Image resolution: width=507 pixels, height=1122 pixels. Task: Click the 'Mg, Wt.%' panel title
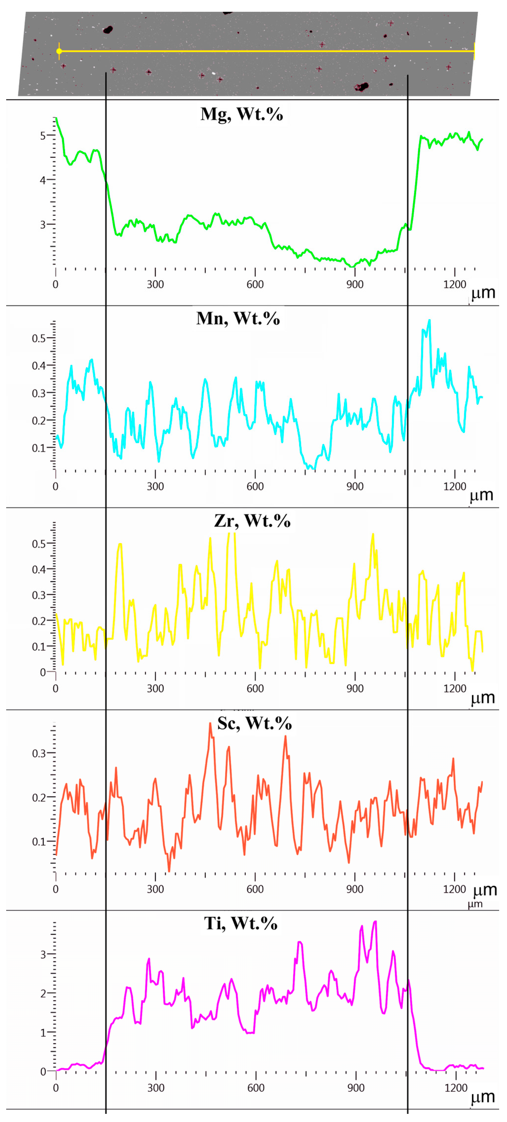[242, 114]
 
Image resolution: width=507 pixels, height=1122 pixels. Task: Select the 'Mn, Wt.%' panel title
[238, 319]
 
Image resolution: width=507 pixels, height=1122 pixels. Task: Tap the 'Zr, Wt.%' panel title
[252, 521]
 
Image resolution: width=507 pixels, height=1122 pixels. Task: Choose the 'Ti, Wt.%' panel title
[240, 923]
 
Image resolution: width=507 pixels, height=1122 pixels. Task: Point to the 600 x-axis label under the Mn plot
[255, 487]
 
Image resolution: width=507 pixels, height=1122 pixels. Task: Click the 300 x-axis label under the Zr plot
[155, 689]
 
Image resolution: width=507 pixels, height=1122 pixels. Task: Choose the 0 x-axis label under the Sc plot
[55, 889]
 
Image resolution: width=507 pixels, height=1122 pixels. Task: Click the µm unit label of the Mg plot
[483, 293]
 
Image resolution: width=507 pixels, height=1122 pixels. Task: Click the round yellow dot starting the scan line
[59, 51]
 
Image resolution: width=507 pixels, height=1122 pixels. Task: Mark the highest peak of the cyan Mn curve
[430, 320]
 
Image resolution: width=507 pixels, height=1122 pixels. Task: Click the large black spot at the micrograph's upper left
[107, 30]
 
